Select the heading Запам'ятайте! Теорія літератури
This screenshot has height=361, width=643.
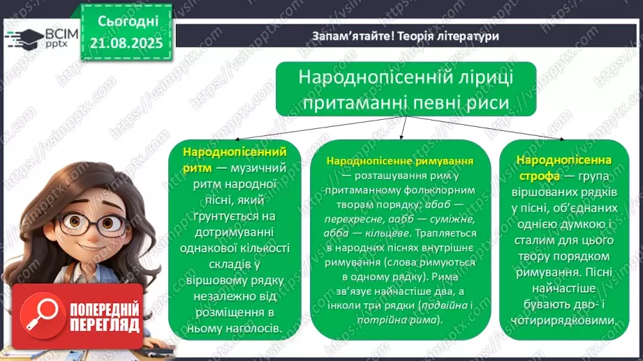coord(405,36)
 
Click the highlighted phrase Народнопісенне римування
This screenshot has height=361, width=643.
coord(399,161)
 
